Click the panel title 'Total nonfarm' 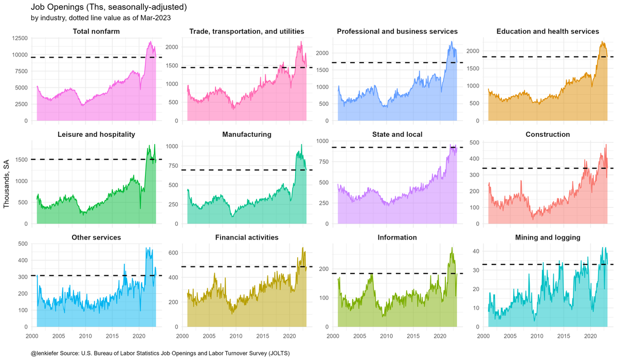[x=96, y=32]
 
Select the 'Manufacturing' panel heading [x=247, y=135]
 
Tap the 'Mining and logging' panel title [x=548, y=238]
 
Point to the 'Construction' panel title [x=548, y=135]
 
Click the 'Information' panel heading [x=397, y=238]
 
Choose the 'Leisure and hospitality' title [x=96, y=135]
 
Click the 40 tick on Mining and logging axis [x=477, y=251]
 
